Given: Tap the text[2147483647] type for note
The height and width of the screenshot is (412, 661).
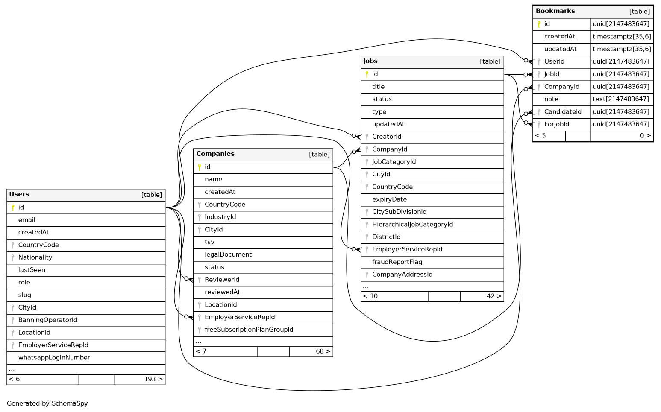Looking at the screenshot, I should (622, 99).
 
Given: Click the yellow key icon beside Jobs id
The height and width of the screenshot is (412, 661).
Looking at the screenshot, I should (367, 74).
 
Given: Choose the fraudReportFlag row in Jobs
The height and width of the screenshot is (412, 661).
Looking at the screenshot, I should (397, 262).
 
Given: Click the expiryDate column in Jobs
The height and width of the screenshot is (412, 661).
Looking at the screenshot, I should (389, 199).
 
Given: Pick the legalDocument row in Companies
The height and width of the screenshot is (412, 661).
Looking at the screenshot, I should (228, 255).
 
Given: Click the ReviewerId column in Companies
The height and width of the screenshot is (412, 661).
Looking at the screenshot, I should (222, 280).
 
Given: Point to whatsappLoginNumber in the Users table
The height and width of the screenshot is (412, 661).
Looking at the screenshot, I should (54, 358).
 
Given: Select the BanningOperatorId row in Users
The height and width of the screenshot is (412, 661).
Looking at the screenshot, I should (47, 320).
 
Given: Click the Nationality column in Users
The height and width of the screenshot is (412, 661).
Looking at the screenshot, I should (35, 257).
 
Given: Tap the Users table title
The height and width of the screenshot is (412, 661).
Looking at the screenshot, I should (19, 194).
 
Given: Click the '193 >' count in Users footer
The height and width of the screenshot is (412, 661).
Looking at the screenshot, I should (153, 379).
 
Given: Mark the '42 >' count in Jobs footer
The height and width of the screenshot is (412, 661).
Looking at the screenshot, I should (494, 296).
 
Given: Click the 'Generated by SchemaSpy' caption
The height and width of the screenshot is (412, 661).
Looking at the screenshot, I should (47, 403).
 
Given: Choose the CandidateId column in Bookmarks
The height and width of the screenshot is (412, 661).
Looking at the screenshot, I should (562, 112).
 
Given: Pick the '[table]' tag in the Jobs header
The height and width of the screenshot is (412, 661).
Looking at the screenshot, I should (490, 61).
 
